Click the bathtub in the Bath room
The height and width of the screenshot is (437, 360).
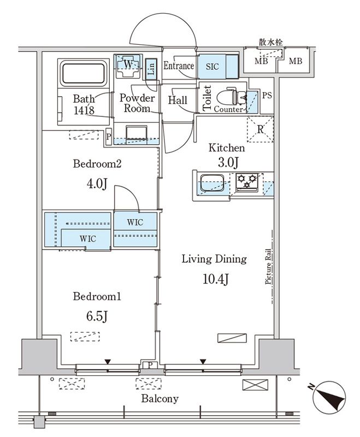click(84, 74)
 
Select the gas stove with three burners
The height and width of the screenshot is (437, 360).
click(246, 182)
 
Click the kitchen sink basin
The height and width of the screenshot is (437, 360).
click(212, 183)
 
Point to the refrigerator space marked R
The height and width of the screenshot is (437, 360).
click(260, 129)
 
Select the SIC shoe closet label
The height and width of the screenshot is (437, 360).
click(212, 67)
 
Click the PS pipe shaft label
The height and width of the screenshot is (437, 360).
click(267, 95)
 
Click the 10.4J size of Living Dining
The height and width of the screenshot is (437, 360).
click(215, 279)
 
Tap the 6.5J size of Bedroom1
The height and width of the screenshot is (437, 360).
click(97, 316)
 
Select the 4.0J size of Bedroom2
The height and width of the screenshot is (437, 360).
click(97, 184)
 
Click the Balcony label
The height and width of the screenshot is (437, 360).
click(160, 399)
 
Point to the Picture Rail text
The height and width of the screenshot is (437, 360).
click(268, 267)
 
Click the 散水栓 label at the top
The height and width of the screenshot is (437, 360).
click(271, 43)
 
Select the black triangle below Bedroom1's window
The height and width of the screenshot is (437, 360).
click(108, 362)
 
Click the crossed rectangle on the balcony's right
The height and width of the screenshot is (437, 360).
click(255, 385)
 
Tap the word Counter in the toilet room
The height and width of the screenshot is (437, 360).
click(228, 110)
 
